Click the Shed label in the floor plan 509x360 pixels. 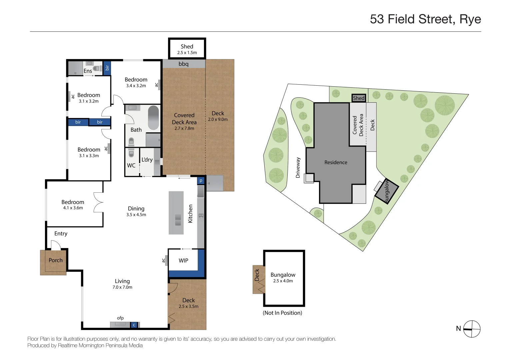pos(187,47)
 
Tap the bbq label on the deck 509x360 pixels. pos(183,64)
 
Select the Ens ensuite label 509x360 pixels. pos(88,71)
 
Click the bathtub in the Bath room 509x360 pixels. pos(153,118)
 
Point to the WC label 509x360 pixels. pos(131,165)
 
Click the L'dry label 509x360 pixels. pos(147,160)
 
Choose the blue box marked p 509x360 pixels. pos(201,181)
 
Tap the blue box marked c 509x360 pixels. pos(134,325)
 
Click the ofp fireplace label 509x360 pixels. pos(120,318)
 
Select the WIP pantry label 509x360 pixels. pos(183,261)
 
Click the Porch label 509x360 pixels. pos(55,260)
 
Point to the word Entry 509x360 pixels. pos(61,234)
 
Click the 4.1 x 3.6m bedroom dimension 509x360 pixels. pos(73,208)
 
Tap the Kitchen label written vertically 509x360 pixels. pos(190,214)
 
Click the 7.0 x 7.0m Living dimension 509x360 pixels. pos(122,287)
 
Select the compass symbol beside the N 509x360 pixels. pos(472,329)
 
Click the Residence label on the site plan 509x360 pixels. pos(336,162)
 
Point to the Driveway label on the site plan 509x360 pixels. pos(298,168)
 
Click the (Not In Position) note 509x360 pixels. pos(282,313)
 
